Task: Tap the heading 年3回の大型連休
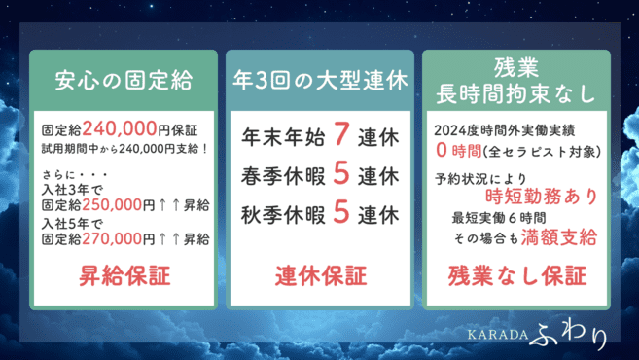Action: pyautogui.click(x=319, y=79)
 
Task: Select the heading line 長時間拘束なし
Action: pyautogui.click(x=516, y=93)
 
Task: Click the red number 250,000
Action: pyautogui.click(x=115, y=206)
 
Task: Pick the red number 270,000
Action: pyautogui.click(x=115, y=237)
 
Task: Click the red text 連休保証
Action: pyautogui.click(x=319, y=277)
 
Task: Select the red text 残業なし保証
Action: pyautogui.click(x=516, y=277)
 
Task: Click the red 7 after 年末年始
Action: pyautogui.click(x=340, y=132)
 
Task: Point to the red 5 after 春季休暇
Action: pyautogui.click(x=340, y=176)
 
